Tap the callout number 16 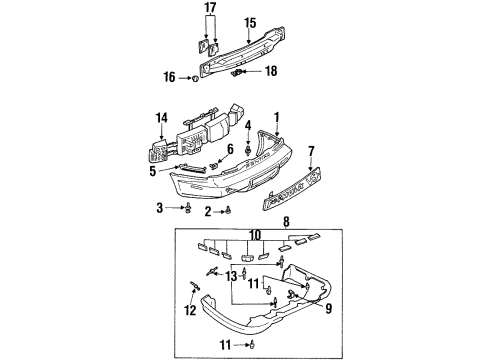click(167, 76)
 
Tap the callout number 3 click(159, 207)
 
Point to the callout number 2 click(207, 211)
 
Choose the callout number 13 click(232, 274)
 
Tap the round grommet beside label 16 click(190, 77)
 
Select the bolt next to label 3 click(187, 207)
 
